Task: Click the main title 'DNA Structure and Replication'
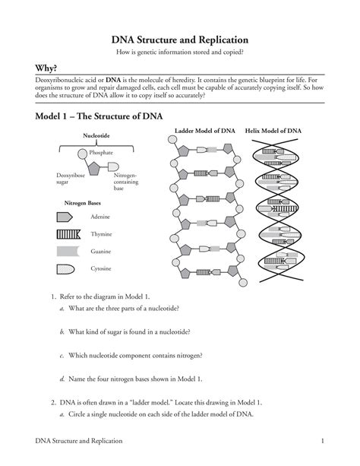pyautogui.click(x=179, y=39)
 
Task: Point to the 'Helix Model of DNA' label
pyautogui.click(x=273, y=132)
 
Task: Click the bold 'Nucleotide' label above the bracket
pyautogui.click(x=97, y=137)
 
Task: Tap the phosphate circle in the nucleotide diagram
pyautogui.click(x=82, y=153)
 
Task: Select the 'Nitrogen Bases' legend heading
pyautogui.click(x=83, y=203)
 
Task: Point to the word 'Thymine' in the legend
pyautogui.click(x=102, y=234)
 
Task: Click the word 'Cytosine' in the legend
pyautogui.click(x=103, y=268)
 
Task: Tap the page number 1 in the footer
pyautogui.click(x=323, y=442)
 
